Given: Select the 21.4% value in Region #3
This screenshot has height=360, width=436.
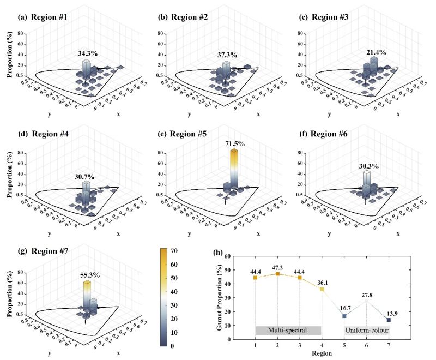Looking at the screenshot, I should (x=375, y=52).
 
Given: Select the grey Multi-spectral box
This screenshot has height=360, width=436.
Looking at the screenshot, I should (x=288, y=330).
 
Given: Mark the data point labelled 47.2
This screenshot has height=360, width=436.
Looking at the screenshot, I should (x=277, y=274).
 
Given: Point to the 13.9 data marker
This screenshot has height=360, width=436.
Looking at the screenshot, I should (x=389, y=320).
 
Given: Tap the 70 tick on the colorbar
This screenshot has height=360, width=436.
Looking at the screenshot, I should (x=185, y=251).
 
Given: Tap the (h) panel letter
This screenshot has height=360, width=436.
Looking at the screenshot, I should (x=218, y=253).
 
